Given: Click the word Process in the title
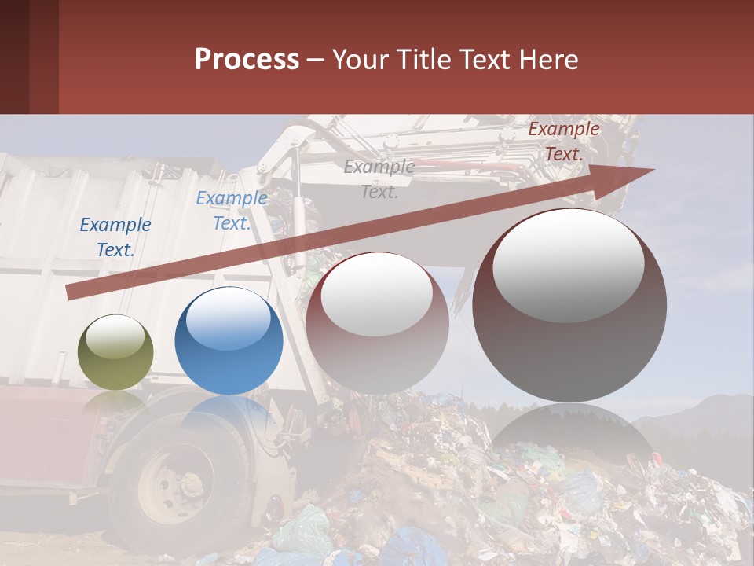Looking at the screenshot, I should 247,60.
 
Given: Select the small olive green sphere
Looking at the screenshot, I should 116,352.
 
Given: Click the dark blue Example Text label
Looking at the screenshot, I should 115,237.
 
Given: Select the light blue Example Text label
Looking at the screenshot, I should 231,211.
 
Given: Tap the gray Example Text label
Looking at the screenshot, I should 379,178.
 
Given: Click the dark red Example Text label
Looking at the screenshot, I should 563,141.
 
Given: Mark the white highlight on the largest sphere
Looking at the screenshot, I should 568,263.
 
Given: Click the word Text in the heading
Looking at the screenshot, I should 484,60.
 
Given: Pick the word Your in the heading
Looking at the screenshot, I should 359,60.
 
